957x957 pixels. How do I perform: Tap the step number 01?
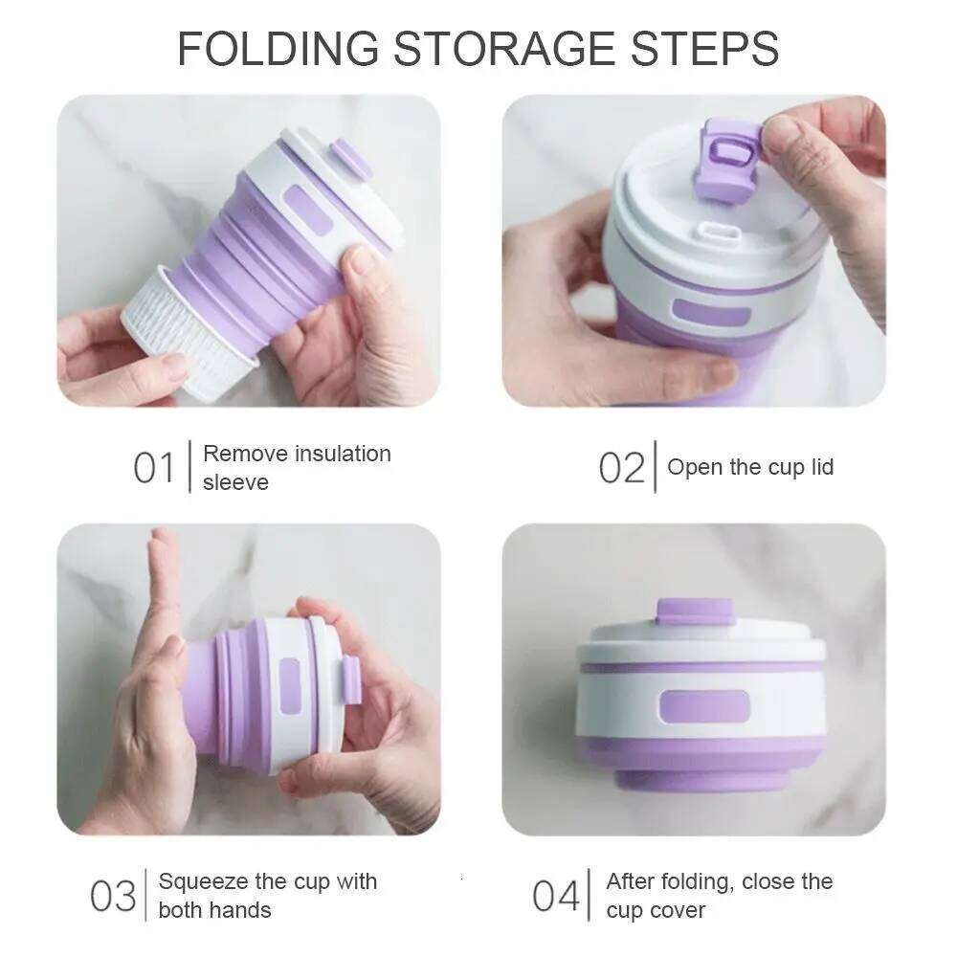(x=154, y=469)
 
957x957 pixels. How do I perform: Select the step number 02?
(x=622, y=469)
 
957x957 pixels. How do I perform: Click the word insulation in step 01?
(x=343, y=454)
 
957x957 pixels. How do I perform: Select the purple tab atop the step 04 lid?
(x=695, y=611)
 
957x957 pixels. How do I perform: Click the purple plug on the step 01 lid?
(x=351, y=159)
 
